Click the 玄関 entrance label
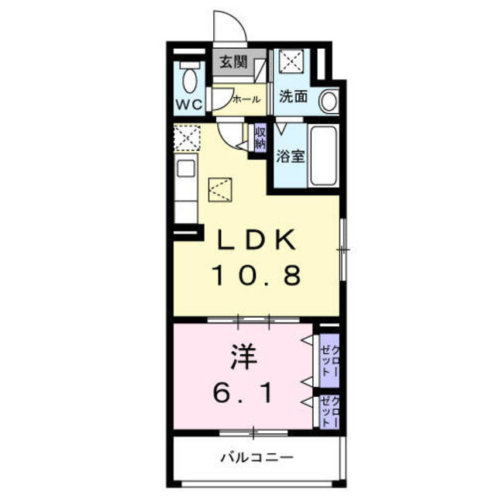pyautogui.click(x=233, y=61)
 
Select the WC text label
pyautogui.click(x=189, y=105)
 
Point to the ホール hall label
pyautogui.click(x=246, y=99)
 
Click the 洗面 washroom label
pyautogui.click(x=293, y=96)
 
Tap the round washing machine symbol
pyautogui.click(x=329, y=101)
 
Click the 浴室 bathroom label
pyautogui.click(x=291, y=156)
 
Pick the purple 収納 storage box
pyautogui.click(x=260, y=139)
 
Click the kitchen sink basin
pyautogui.click(x=186, y=168)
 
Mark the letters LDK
pyautogui.click(x=256, y=239)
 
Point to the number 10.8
pyautogui.click(x=257, y=275)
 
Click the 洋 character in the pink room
pyautogui.click(x=243, y=356)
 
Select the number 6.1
pyautogui.click(x=243, y=392)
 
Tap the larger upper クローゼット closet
pyautogui.click(x=329, y=360)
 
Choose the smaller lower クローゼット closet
pyautogui.click(x=329, y=412)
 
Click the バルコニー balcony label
pyautogui.click(x=257, y=457)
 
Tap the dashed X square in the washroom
pyautogui.click(x=291, y=60)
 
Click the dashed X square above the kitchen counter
pyautogui.click(x=188, y=138)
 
